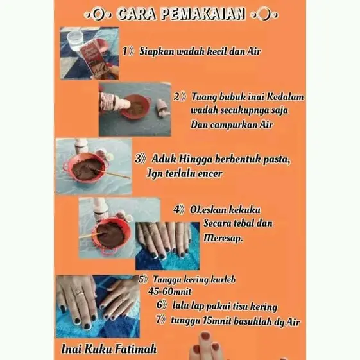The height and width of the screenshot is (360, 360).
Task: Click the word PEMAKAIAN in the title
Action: (203, 14)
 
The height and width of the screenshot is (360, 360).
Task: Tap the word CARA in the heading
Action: (137, 14)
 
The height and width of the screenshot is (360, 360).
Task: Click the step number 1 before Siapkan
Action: (124, 51)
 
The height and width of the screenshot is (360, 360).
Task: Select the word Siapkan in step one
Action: (157, 51)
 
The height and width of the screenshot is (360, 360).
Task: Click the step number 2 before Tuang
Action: (176, 97)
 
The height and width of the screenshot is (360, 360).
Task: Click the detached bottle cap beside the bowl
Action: (163, 107)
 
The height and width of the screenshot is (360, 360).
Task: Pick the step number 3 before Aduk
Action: (138, 159)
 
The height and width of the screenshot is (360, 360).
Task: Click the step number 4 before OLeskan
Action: (176, 209)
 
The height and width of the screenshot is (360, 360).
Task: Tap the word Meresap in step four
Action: (223, 238)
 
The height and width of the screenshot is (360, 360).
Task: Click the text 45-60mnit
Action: (169, 291)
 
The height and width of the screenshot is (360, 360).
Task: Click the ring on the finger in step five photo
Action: (78, 293)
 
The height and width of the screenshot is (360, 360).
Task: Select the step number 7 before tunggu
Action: (159, 320)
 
